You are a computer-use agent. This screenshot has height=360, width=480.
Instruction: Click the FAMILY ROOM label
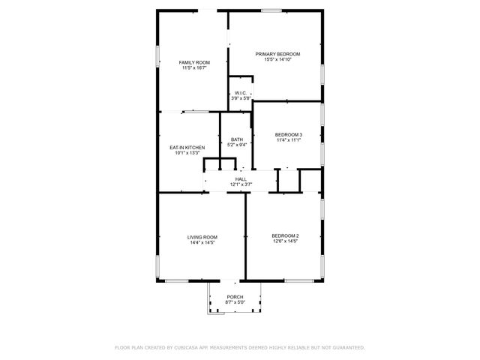click(x=193, y=62)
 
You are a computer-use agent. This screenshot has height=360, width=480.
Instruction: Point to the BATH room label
click(x=236, y=139)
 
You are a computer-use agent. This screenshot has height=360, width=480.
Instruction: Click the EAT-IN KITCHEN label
click(x=187, y=148)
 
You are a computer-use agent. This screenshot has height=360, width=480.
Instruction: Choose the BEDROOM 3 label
click(x=288, y=134)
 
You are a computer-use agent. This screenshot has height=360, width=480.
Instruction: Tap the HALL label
click(x=241, y=178)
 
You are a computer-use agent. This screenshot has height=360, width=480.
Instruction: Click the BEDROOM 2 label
click(x=285, y=236)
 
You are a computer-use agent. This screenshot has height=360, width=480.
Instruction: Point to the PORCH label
click(x=235, y=297)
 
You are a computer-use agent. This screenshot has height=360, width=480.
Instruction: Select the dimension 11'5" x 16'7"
click(x=193, y=68)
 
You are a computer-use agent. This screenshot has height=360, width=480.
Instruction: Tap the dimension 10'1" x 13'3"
click(x=187, y=153)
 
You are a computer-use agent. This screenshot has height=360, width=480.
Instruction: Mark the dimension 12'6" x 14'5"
click(x=285, y=241)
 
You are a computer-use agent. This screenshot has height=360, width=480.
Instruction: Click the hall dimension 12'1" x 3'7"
click(x=241, y=184)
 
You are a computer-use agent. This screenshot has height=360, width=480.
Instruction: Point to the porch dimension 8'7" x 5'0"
click(x=235, y=302)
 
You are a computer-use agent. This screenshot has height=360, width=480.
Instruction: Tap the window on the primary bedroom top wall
click(x=271, y=10)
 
